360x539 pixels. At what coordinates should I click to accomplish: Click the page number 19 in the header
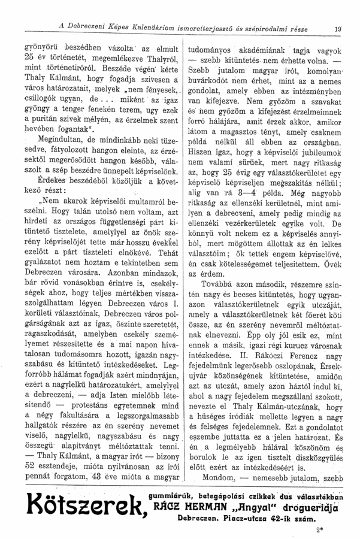338,26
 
